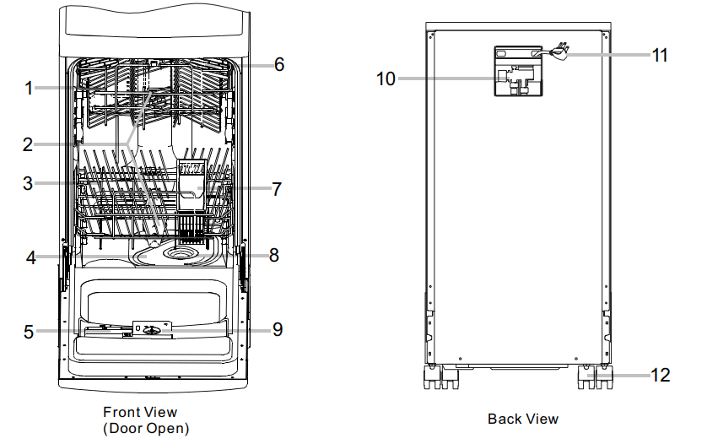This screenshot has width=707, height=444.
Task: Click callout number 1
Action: click(x=29, y=87)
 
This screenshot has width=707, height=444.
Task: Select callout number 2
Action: click(x=29, y=143)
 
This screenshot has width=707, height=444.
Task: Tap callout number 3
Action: click(x=29, y=182)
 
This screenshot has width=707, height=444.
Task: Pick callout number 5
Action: click(x=29, y=332)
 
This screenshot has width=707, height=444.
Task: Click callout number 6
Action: click(x=278, y=64)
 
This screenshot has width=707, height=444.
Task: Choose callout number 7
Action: click(x=277, y=189)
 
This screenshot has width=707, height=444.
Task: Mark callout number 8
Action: click(x=274, y=254)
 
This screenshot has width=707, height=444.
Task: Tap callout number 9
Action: click(x=278, y=329)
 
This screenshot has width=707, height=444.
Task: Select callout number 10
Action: click(x=386, y=79)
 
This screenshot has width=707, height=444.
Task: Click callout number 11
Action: click(x=660, y=55)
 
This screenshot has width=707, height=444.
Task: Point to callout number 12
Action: click(x=661, y=375)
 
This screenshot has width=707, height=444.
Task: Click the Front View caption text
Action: click(x=140, y=412)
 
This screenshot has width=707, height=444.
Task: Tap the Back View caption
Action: click(x=523, y=419)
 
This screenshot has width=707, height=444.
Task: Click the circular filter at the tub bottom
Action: click(x=181, y=252)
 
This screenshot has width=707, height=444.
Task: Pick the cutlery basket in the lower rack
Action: click(x=193, y=187)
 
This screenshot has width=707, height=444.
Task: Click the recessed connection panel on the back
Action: click(x=516, y=71)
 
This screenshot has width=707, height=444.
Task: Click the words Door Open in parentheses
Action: click(x=146, y=428)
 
